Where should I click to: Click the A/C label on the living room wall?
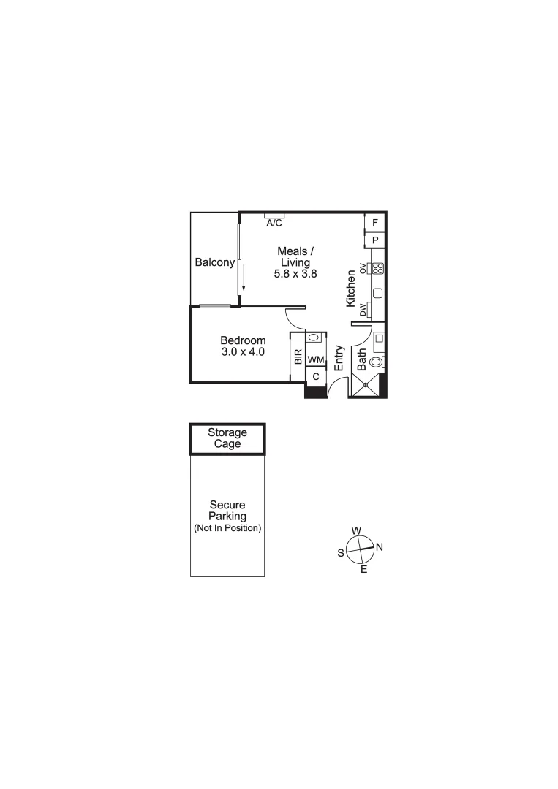click(x=274, y=222)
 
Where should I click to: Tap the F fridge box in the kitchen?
click(x=375, y=222)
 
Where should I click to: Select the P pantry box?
click(x=375, y=240)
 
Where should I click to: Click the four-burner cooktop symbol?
click(x=378, y=268)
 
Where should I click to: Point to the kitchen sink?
click(x=377, y=294)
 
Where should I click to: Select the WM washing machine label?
click(x=315, y=360)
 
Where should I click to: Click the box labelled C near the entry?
click(x=315, y=377)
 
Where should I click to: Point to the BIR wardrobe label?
click(x=298, y=357)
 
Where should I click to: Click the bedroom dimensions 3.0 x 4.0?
click(x=243, y=351)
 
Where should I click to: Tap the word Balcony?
click(x=214, y=263)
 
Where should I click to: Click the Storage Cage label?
click(x=227, y=438)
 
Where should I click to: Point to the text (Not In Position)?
click(x=227, y=528)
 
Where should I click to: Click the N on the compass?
click(x=380, y=547)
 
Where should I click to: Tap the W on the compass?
click(x=356, y=530)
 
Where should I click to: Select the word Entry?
click(x=339, y=358)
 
